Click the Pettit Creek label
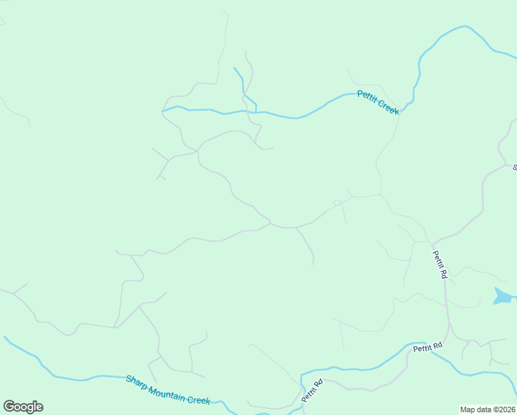378,103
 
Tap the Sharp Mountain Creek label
168,390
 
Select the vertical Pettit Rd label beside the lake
440,264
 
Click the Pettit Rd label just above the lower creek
428,348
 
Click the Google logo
23,407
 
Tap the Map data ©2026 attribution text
487,409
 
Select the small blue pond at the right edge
503,296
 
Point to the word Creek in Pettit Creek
388,109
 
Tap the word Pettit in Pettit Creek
367,97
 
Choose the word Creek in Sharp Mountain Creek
199,400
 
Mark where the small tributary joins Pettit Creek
256,111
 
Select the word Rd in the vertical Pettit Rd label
444,273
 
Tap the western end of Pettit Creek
163,111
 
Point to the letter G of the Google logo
8,407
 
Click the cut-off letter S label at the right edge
514,167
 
